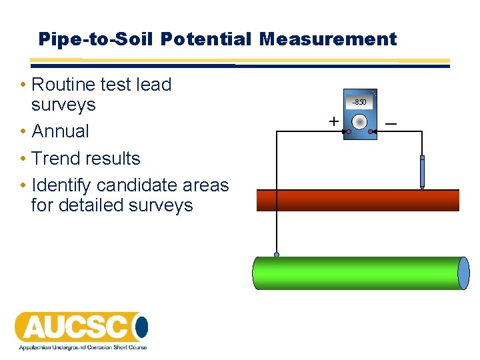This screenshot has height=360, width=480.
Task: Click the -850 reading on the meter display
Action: pyautogui.click(x=359, y=102)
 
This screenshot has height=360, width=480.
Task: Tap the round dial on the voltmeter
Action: pyautogui.click(x=359, y=122)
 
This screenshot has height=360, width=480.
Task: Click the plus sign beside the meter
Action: pyautogui.click(x=333, y=121)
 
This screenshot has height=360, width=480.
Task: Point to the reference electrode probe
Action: pyautogui.click(x=422, y=173)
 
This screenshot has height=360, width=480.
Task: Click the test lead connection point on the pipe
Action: pyautogui.click(x=277, y=255)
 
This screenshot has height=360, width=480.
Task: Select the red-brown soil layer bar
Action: pyautogui.click(x=358, y=200)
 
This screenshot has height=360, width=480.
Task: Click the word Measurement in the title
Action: pyautogui.click(x=328, y=39)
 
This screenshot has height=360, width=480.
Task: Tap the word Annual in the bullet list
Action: pyautogui.click(x=61, y=131)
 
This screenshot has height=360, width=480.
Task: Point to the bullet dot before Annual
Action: pyautogui.click(x=23, y=132)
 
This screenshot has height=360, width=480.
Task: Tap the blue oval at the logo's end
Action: pyautogui.click(x=141, y=327)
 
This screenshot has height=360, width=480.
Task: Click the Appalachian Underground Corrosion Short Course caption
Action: pyautogui.click(x=82, y=348)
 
